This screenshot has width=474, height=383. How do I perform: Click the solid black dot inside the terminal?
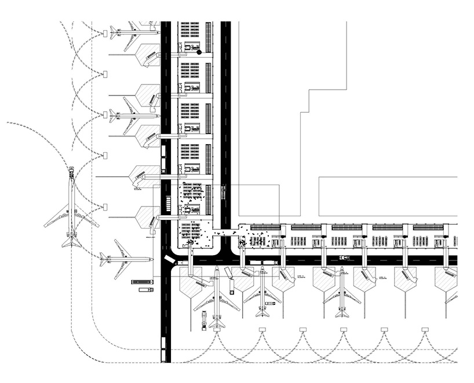tap(199, 52)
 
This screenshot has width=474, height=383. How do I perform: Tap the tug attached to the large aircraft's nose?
tap(71, 171)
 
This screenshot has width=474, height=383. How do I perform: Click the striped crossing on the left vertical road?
tap(166, 203)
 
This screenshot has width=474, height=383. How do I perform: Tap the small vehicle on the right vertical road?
tap(225, 190)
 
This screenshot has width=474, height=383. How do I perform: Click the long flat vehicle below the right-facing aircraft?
tap(142, 282)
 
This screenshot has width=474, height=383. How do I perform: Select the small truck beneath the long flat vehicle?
tap(145, 289)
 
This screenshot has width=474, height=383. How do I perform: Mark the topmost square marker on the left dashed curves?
tap(105, 34)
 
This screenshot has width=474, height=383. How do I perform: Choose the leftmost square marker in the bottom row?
tap(262, 330)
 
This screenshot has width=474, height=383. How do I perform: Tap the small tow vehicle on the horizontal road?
tap(344, 258)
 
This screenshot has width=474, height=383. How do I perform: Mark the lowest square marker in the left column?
tap(105, 207)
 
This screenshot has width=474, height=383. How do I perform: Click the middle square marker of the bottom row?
tap(344, 330)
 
